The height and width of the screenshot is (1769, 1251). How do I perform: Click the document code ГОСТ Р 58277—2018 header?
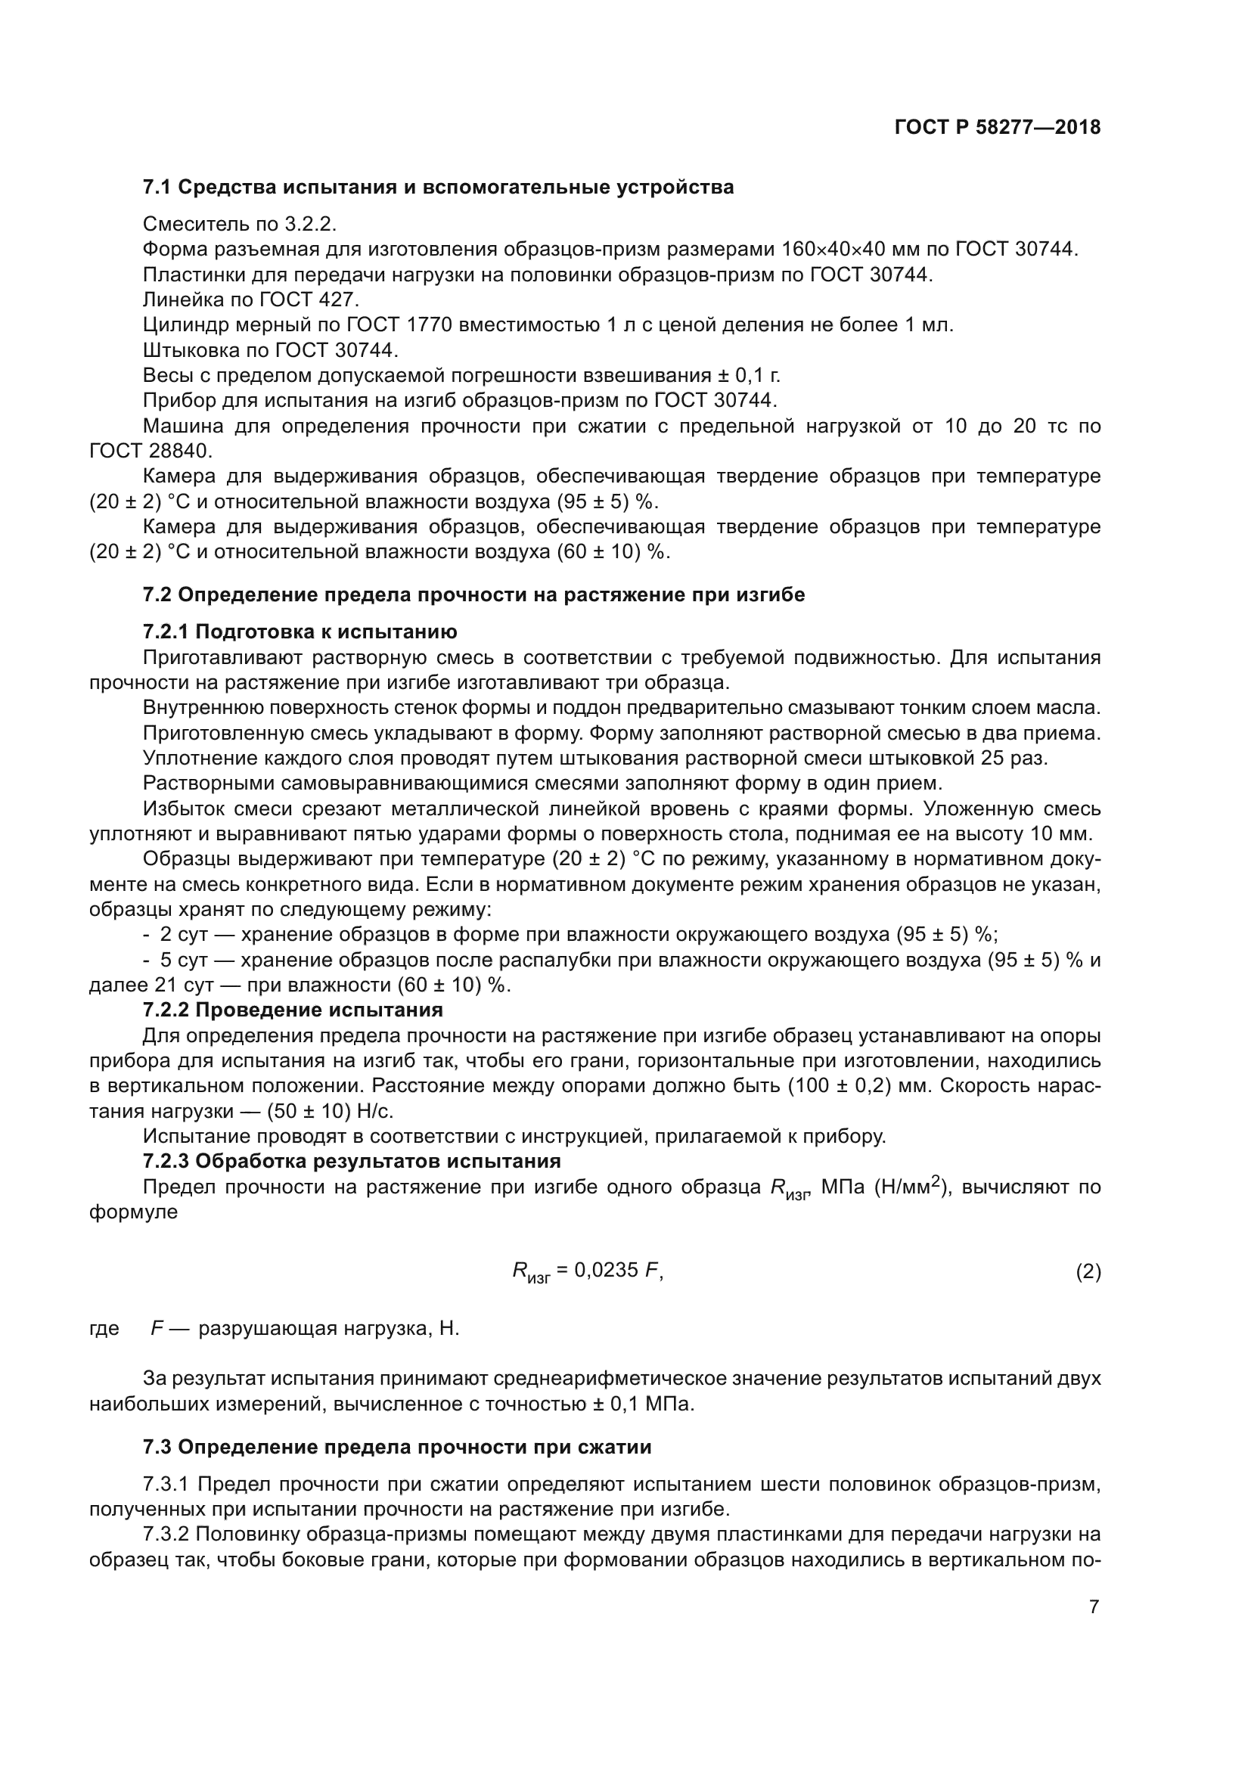(x=998, y=127)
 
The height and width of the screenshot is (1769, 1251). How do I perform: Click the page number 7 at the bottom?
(x=1094, y=1607)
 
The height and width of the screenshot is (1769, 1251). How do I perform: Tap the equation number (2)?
(x=1088, y=1272)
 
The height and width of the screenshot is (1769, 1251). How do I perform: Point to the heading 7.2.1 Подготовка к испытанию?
(x=300, y=632)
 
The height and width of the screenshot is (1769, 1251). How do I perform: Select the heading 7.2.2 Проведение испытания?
(x=293, y=1010)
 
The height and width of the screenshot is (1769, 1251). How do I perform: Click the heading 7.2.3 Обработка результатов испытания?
(x=351, y=1160)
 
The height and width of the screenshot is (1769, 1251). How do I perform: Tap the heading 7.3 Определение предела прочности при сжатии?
(x=397, y=1447)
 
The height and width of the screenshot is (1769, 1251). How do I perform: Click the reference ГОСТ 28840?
(x=151, y=451)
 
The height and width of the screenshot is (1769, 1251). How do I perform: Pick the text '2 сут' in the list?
(x=179, y=935)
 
